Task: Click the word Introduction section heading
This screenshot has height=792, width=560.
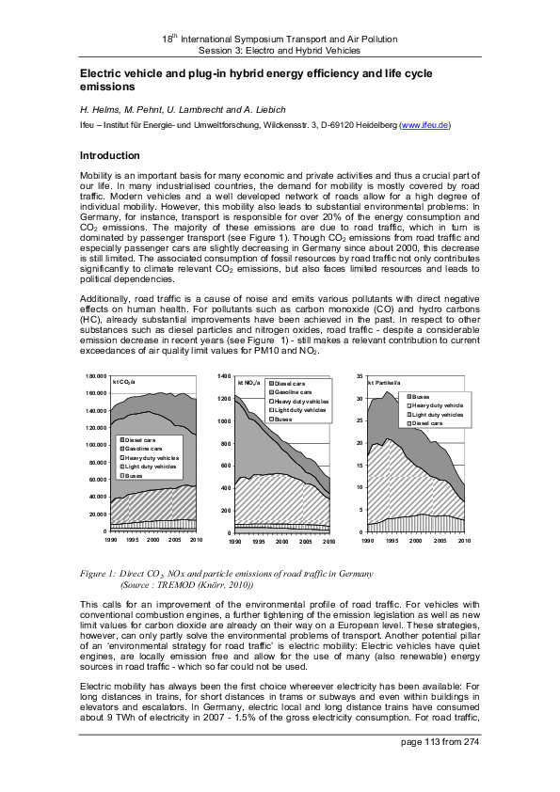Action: pyautogui.click(x=110, y=155)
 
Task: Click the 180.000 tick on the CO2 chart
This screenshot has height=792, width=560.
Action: pyautogui.click(x=94, y=375)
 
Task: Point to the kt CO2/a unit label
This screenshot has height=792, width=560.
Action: pyautogui.click(x=124, y=382)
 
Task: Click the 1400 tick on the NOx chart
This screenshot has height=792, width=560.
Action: pyautogui.click(x=224, y=375)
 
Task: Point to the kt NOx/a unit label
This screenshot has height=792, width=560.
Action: pyautogui.click(x=248, y=383)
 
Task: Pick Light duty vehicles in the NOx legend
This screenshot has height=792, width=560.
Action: pyautogui.click(x=301, y=410)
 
